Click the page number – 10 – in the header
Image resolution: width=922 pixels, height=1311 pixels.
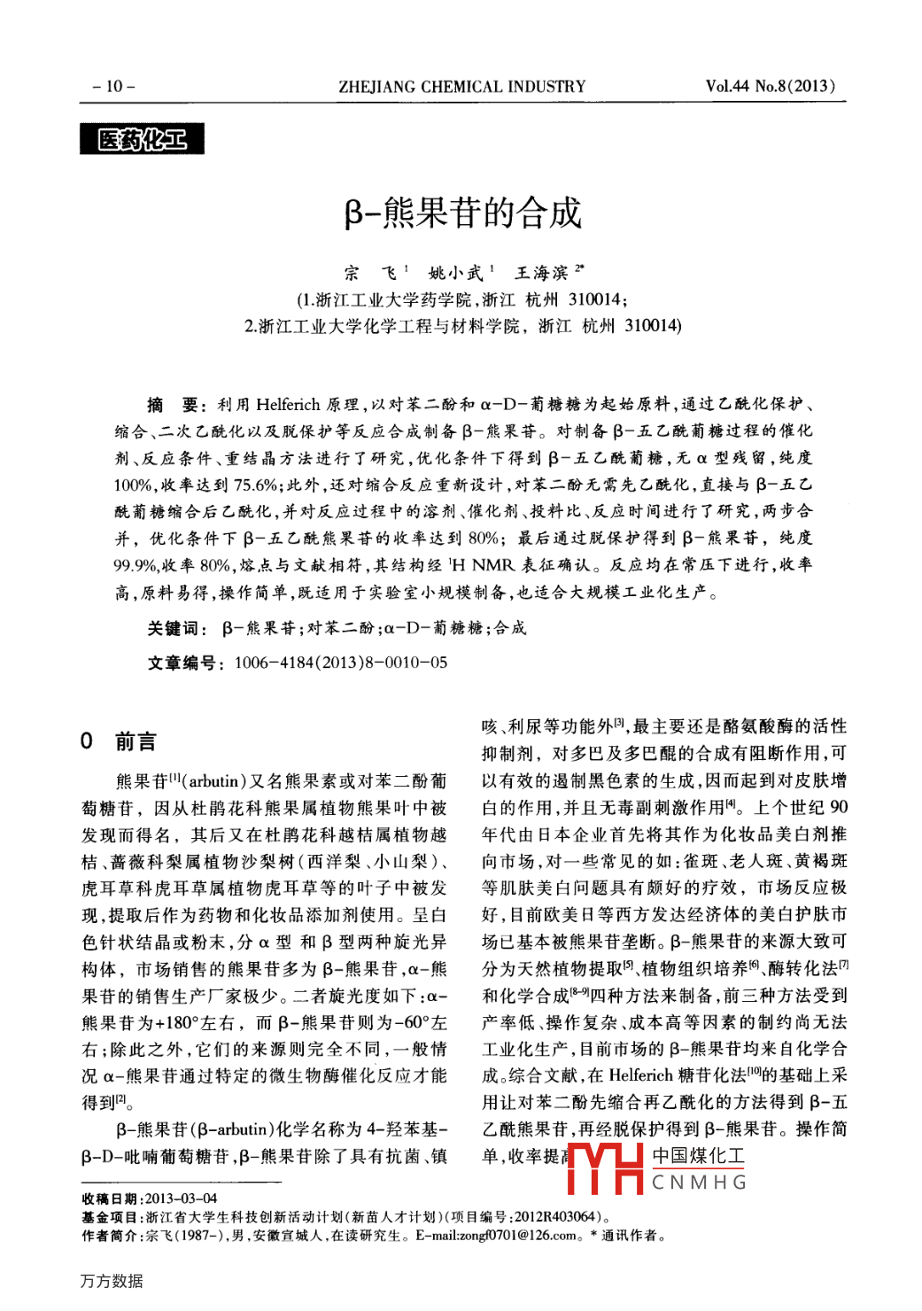pos(113,86)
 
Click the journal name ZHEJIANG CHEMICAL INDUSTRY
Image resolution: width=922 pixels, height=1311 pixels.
pos(461,86)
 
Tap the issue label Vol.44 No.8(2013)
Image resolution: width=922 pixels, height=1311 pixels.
pos(770,86)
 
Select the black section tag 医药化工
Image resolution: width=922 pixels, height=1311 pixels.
pos(142,139)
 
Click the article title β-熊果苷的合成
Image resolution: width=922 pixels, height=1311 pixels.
pos(462,213)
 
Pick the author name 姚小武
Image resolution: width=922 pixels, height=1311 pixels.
pos(456,273)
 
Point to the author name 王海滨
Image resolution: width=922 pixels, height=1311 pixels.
pos(542,273)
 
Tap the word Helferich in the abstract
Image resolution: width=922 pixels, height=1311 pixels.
pos(288,405)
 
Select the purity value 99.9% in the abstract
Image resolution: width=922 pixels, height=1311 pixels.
pos(135,565)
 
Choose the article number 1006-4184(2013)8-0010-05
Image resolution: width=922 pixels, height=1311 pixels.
pos(341,663)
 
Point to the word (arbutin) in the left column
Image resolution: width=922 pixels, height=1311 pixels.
pos(213,781)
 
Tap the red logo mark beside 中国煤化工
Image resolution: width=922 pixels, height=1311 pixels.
pos(605,1167)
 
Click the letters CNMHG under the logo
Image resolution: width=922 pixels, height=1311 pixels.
pos(699,1183)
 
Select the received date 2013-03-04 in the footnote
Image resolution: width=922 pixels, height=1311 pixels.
pos(181,1199)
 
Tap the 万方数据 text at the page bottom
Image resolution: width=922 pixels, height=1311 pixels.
pos(112,1281)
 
